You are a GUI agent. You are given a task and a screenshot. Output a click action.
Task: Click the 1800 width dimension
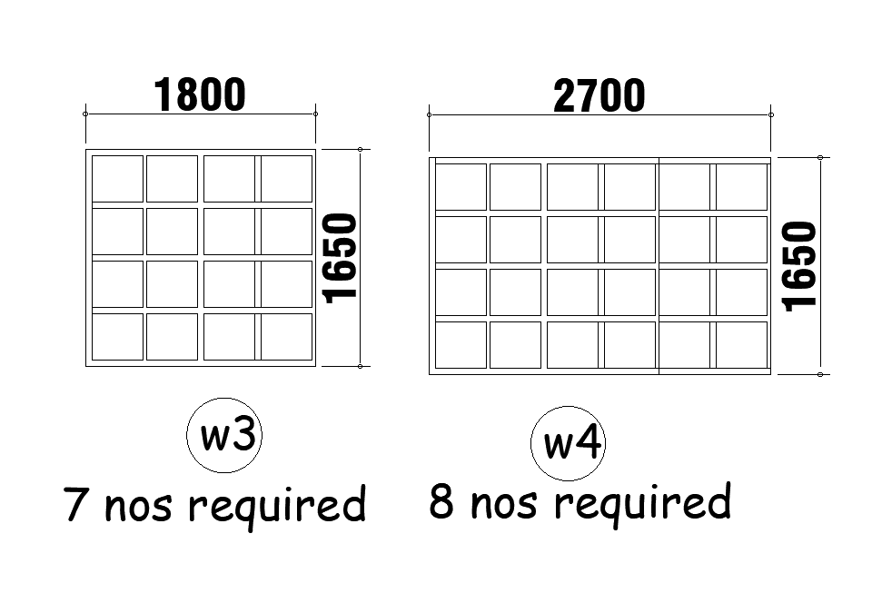200,94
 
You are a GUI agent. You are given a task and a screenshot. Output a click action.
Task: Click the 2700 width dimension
599,96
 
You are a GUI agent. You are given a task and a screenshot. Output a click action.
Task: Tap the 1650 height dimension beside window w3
341,258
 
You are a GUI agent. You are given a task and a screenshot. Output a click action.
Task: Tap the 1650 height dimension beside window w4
800,266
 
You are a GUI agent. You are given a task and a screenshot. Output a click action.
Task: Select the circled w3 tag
224,437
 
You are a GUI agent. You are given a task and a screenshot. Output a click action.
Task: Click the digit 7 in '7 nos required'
76,504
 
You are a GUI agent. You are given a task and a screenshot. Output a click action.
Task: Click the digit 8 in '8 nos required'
442,500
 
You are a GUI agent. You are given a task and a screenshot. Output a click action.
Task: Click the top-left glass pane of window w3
117,178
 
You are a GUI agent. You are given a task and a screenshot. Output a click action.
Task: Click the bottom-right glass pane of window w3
287,336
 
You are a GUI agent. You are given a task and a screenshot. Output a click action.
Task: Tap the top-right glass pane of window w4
741,186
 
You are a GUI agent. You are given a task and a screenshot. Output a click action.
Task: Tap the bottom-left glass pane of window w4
461,345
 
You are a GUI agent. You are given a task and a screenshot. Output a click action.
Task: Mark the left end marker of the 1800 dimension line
85,114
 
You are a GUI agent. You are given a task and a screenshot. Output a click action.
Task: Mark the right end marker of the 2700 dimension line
771,115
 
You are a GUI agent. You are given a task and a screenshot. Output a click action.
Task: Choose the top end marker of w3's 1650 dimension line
361,149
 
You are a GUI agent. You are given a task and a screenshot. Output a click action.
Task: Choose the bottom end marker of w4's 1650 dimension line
820,374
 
